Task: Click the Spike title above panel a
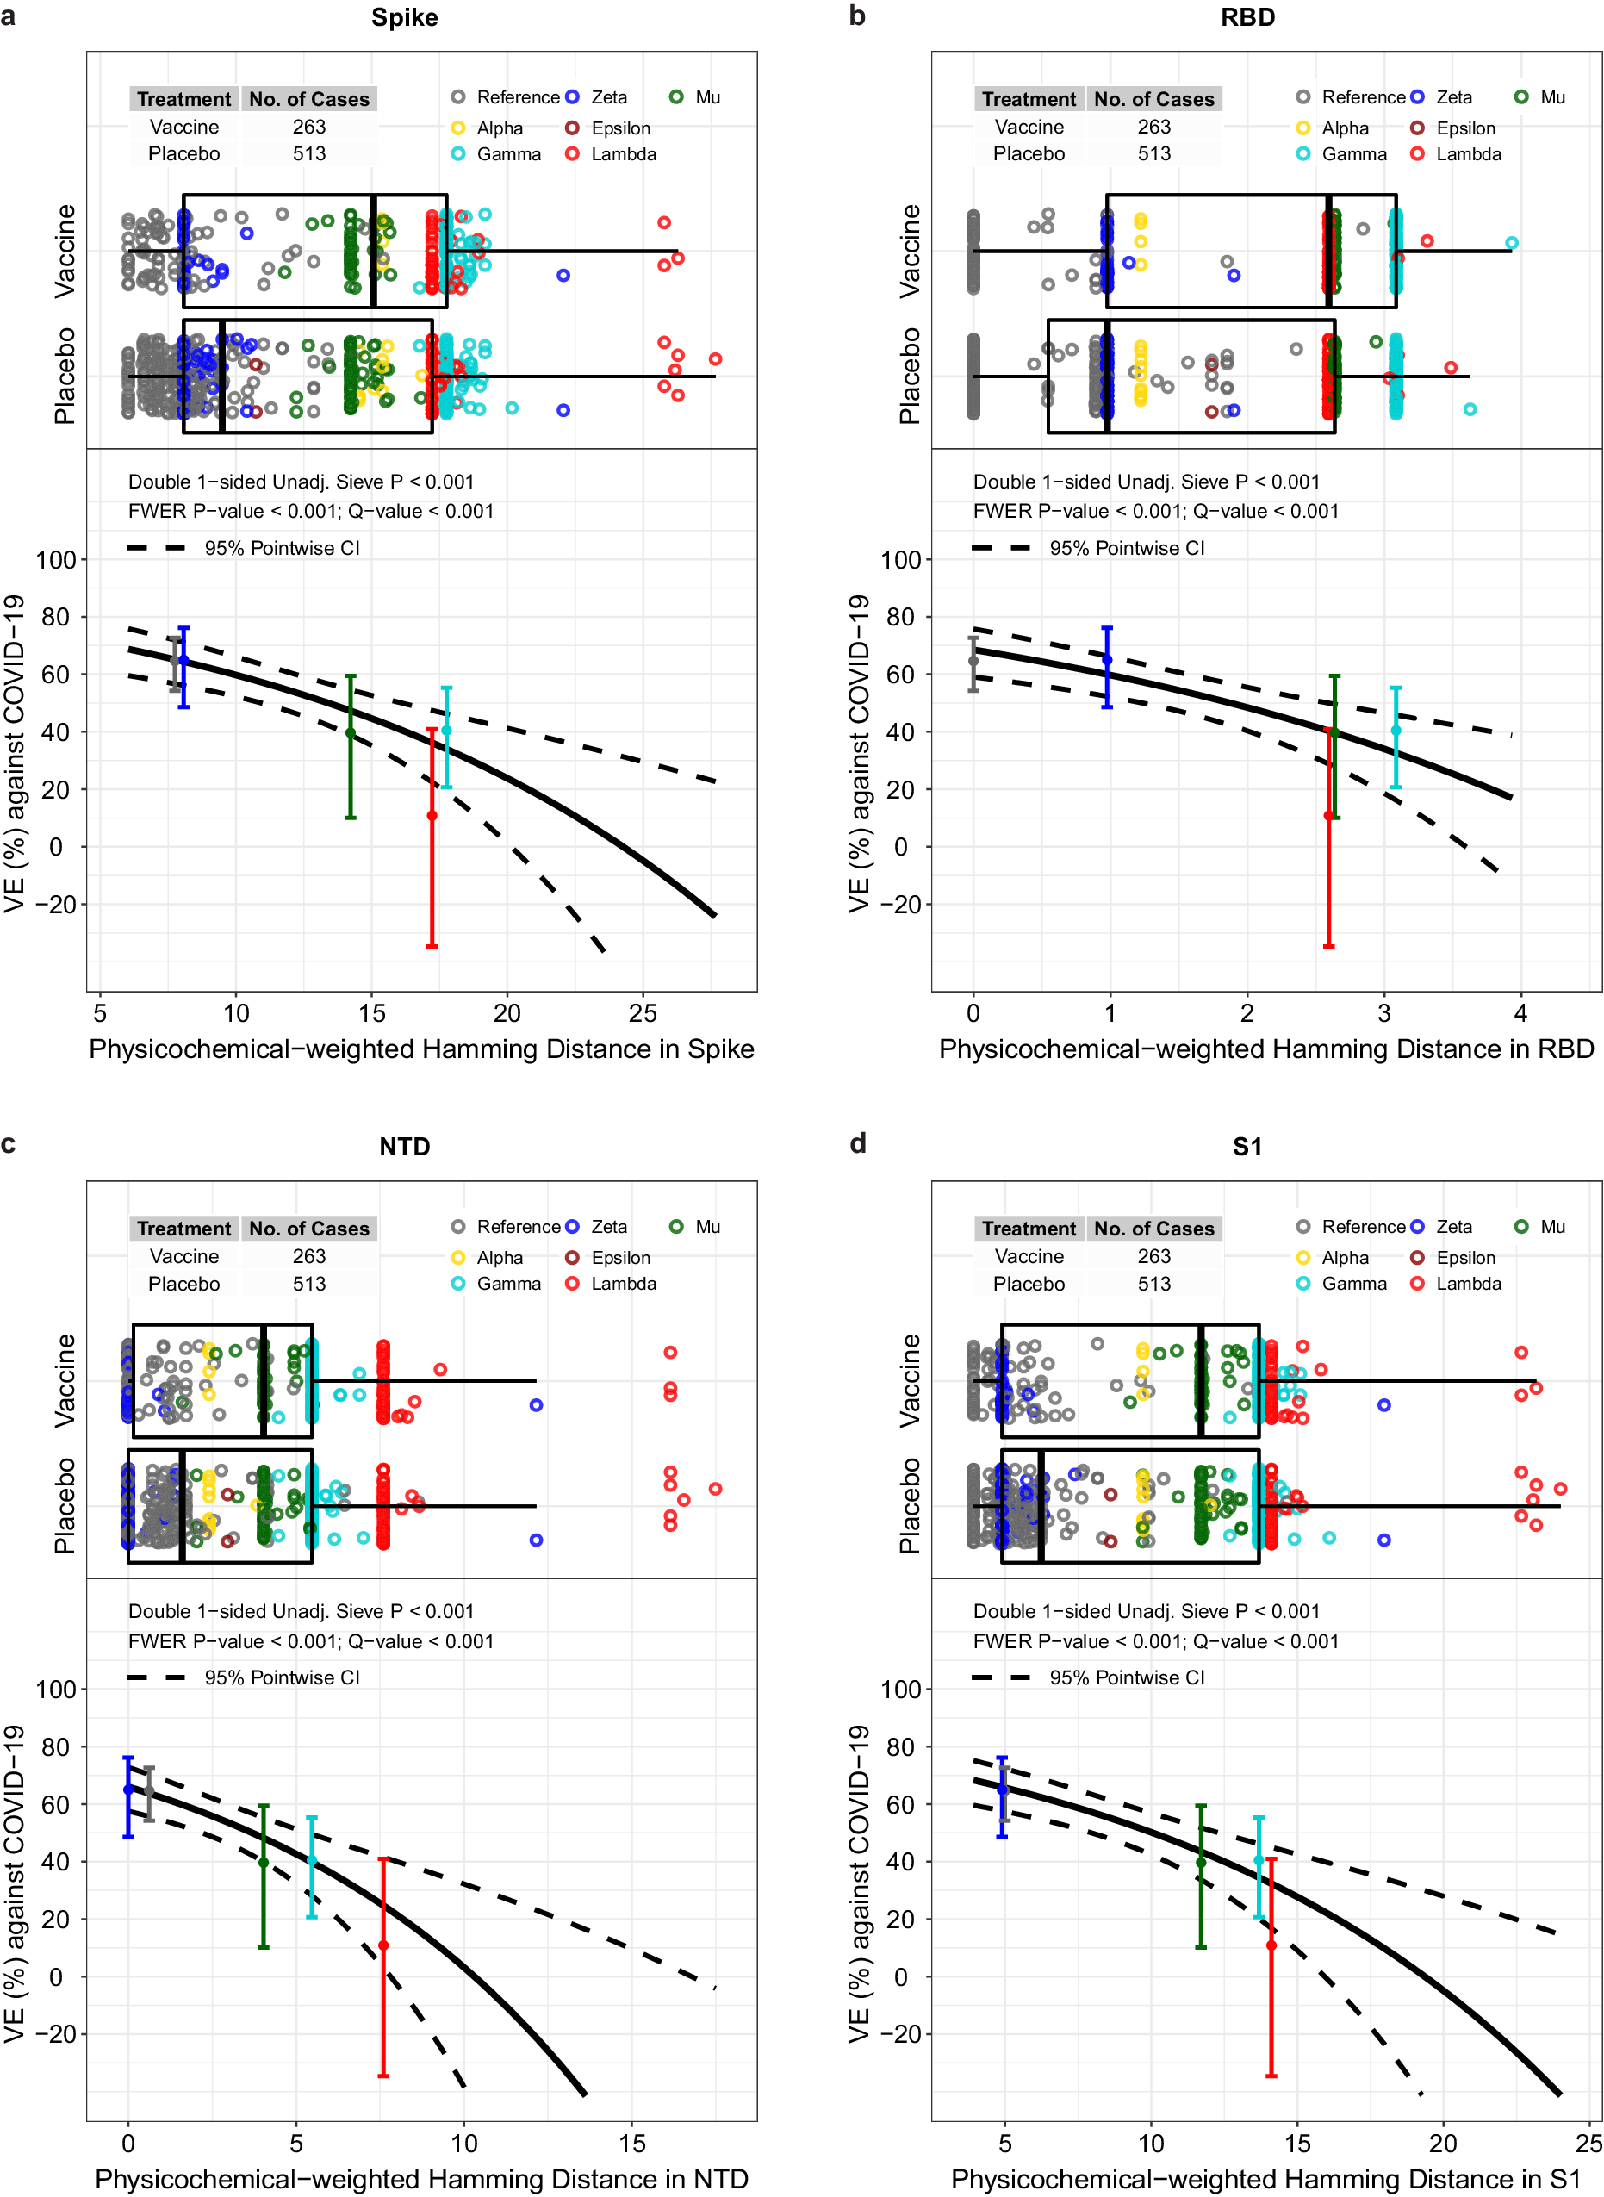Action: tap(404, 17)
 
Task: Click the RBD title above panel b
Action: tap(1247, 17)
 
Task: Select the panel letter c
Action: tap(9, 1142)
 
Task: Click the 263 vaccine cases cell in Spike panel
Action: tap(308, 128)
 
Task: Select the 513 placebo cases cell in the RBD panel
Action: tap(1153, 153)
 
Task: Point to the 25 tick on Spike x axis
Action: tap(643, 1013)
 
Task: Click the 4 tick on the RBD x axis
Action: tap(1520, 1013)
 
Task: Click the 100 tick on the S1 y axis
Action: tap(900, 1690)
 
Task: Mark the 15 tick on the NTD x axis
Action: tap(632, 2143)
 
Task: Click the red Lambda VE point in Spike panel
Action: tap(432, 816)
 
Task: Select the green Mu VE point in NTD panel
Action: tap(263, 1863)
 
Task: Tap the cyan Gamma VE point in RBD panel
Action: tap(1396, 730)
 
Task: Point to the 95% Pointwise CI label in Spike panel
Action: tap(282, 549)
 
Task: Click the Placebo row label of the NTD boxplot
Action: tap(64, 1506)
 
